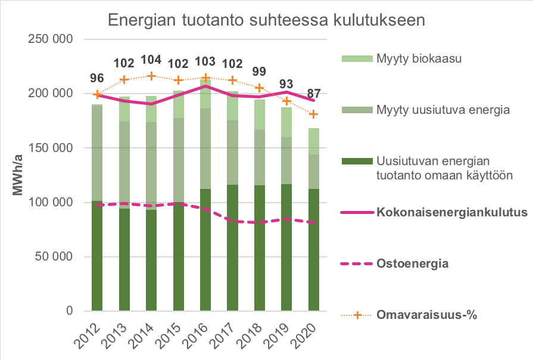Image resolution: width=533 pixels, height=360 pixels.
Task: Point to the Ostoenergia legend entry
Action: click(x=412, y=263)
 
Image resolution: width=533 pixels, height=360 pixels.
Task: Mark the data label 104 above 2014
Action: click(x=152, y=60)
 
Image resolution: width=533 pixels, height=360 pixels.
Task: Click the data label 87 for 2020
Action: click(x=313, y=94)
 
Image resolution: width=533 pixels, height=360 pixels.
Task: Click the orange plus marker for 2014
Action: click(x=152, y=76)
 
